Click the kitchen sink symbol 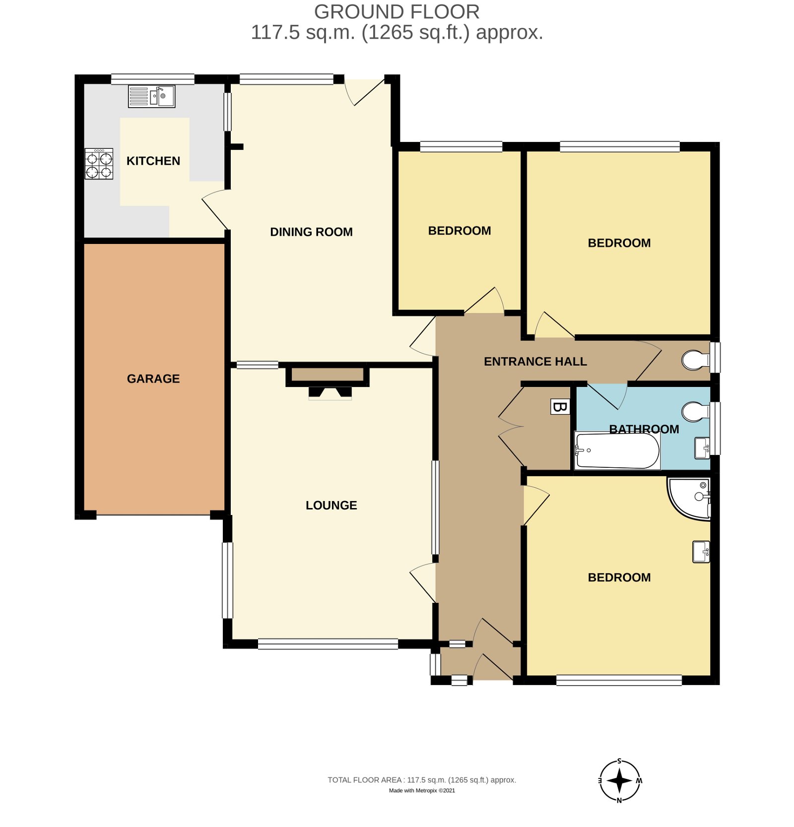coord(152,96)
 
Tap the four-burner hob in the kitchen coord(99,164)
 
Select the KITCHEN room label coord(153,161)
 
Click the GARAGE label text coord(153,379)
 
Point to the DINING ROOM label coord(311,232)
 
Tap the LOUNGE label coord(331,505)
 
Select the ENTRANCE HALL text coord(535,362)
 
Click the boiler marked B coord(560,407)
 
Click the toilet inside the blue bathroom coord(696,411)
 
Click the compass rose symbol coord(619,781)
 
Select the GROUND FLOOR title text coord(397,12)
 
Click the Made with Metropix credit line coord(421,791)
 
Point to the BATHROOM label coord(644,429)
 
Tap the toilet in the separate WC coord(696,360)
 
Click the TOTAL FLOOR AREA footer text coord(421,780)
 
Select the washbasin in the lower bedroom coord(701,552)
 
